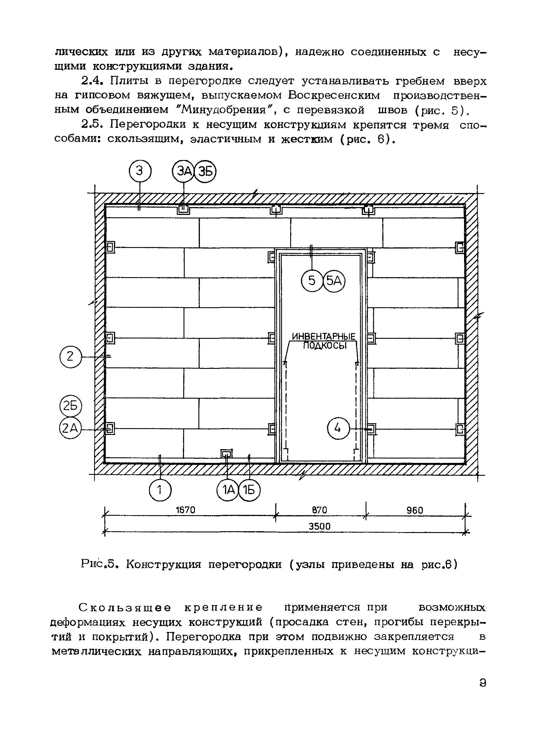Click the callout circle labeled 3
[140, 171]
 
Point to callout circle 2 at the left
[70, 357]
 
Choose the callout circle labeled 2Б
[70, 406]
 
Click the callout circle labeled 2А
[70, 428]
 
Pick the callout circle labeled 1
[160, 490]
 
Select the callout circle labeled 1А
[228, 490]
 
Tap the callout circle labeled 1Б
[249, 490]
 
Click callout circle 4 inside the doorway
[338, 428]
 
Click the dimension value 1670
[185, 510]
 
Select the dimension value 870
[319, 510]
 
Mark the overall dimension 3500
[319, 526]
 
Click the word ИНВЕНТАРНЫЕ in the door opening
[323, 336]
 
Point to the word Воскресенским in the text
[333, 95]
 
